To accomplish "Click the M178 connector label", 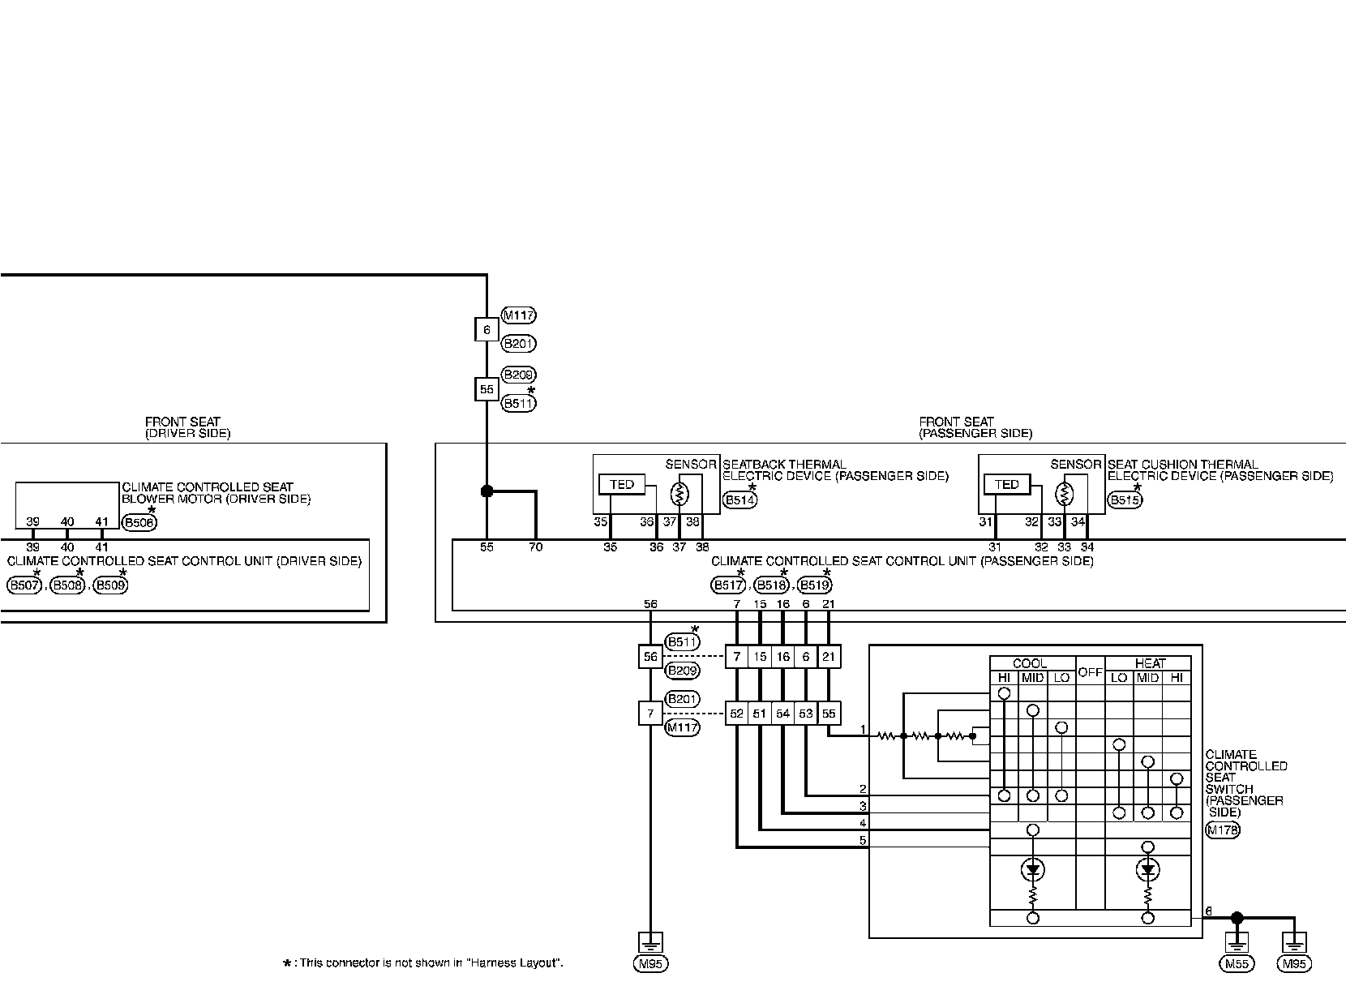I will point(1222,830).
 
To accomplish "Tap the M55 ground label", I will point(1236,964).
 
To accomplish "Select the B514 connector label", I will point(739,501).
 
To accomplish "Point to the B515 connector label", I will point(1125,501).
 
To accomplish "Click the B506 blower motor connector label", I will point(139,523).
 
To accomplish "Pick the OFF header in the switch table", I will point(1090,672).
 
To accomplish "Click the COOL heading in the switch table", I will point(1030,663).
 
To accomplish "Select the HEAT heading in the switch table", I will point(1150,663).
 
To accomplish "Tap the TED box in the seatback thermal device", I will point(621,485).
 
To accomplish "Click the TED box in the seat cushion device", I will point(1006,485).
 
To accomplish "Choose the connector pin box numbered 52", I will point(736,714).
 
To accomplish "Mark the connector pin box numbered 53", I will point(806,714).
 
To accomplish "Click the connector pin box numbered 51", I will point(760,714).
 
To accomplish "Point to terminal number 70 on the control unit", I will point(535,547).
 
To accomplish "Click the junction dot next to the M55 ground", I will point(1237,918).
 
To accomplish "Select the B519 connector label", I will point(814,585).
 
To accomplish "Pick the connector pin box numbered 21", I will point(829,657).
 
